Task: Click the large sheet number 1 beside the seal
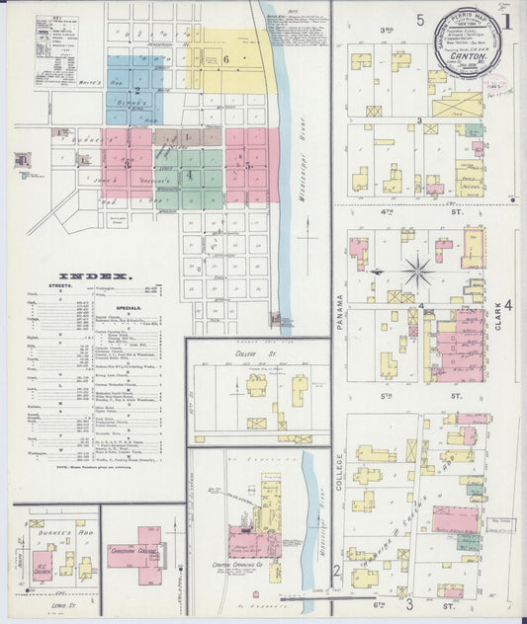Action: coord(508,20)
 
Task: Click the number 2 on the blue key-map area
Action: coord(136,90)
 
